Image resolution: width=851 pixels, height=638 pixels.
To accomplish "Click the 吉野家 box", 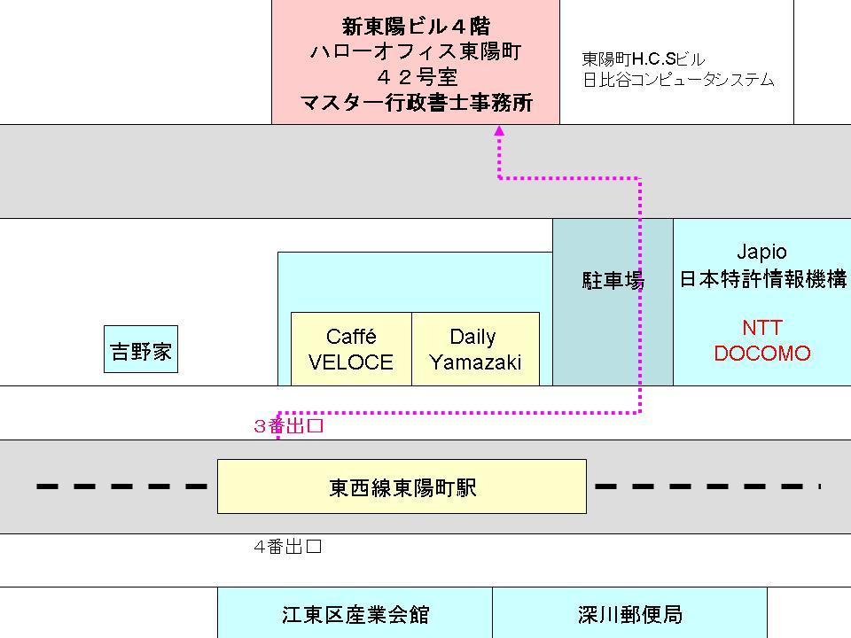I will (141, 351).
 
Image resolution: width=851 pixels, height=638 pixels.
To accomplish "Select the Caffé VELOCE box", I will (351, 349).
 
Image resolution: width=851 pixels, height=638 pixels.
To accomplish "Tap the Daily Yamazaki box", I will (475, 349).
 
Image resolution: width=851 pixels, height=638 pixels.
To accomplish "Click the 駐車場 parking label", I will (613, 281).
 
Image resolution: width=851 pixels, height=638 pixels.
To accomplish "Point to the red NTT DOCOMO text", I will (761, 340).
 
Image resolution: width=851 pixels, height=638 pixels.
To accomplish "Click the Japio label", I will (761, 252).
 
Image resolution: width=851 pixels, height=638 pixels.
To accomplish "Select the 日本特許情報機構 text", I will (762, 279).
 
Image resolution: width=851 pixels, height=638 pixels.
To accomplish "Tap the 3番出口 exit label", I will (289, 426).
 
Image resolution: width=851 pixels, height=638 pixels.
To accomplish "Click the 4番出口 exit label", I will (287, 547).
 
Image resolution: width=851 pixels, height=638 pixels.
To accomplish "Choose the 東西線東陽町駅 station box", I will (402, 486).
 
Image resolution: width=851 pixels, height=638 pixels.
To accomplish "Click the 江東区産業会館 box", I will (355, 614).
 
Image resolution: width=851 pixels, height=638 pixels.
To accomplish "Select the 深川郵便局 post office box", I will (629, 614).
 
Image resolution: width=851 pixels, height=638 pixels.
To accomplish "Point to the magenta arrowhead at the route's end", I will (499, 130).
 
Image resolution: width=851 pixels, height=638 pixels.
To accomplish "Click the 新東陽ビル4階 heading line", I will (416, 27).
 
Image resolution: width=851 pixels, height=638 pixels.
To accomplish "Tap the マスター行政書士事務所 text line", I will (416, 103).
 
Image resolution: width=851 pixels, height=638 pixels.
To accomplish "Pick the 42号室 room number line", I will (416, 77).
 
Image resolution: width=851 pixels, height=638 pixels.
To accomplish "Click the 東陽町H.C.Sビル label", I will (643, 59).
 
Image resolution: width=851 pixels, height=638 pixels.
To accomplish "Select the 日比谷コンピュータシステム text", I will (678, 80).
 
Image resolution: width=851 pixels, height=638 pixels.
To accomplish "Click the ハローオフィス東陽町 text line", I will (416, 51).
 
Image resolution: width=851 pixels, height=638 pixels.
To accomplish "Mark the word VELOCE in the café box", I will (351, 362).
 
